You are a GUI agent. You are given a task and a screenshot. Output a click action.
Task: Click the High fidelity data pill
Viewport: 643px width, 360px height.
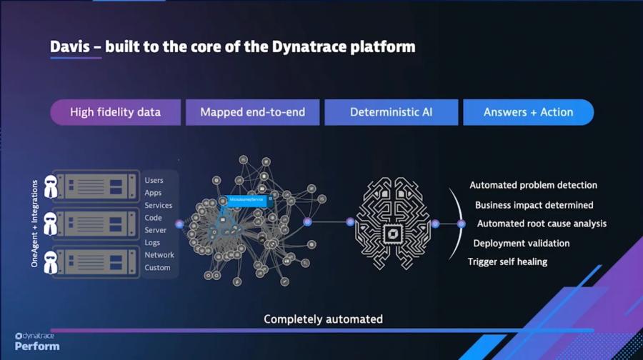[115, 112]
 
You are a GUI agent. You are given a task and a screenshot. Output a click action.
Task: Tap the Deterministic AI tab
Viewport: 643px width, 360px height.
[391, 112]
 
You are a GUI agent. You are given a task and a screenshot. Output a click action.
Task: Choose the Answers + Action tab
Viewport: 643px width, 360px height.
[528, 112]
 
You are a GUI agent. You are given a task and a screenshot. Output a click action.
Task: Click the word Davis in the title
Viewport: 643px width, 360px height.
[70, 47]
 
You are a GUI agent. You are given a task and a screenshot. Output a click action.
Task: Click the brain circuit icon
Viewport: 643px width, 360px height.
[392, 223]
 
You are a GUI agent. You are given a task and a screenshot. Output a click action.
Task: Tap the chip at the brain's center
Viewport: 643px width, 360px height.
[392, 232]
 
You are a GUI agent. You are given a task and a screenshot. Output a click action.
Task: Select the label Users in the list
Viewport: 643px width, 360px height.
[154, 181]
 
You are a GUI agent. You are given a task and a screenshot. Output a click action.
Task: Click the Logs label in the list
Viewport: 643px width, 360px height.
[152, 243]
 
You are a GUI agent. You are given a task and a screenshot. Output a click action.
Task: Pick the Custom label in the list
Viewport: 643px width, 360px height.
[157, 268]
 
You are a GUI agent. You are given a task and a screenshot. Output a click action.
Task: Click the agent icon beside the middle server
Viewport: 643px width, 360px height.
[51, 224]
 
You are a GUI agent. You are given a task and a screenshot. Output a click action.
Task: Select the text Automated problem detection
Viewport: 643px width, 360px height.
[533, 186]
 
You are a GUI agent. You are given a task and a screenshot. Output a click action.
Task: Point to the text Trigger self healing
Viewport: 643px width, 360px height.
[507, 262]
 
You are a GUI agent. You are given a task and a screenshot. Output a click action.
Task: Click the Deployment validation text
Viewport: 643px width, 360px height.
[521, 244]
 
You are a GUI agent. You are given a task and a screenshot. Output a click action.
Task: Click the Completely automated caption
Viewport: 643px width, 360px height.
[323, 319]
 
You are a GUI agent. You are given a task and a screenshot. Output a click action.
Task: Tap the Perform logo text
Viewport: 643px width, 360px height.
[37, 346]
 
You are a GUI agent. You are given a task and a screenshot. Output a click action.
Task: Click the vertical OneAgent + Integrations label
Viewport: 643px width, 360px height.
[34, 224]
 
